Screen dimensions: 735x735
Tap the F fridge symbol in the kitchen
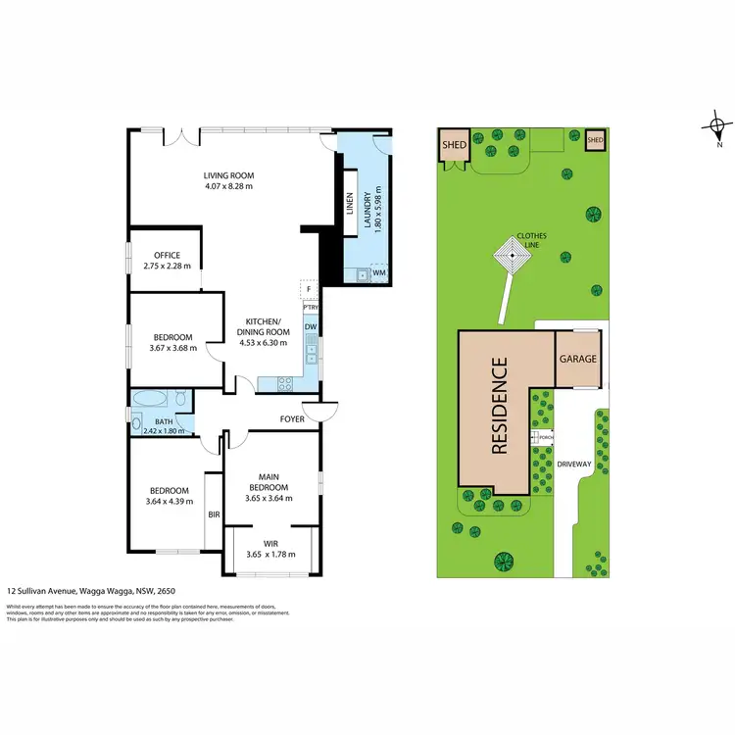[309, 290]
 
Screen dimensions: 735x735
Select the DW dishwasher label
[310, 326]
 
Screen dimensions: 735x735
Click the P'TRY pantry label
[310, 308]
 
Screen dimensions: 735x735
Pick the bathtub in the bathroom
[150, 400]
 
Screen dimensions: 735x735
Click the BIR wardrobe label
[213, 513]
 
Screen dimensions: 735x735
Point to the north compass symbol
[718, 126]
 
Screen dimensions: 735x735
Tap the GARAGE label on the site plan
[577, 359]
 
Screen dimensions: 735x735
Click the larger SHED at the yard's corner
[453, 145]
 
